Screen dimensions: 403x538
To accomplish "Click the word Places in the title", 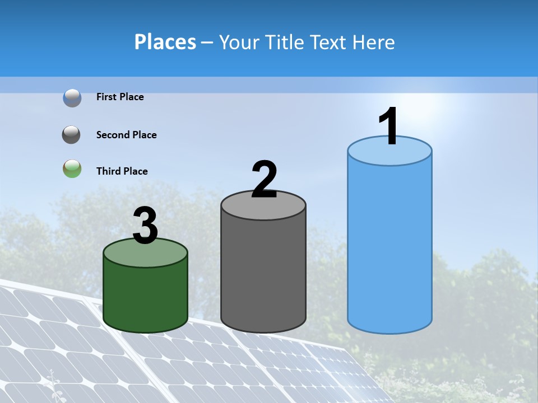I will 165,42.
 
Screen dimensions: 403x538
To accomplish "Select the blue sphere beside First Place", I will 72,97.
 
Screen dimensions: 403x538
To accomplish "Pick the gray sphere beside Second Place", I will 72,135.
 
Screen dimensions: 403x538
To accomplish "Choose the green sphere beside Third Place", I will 72,168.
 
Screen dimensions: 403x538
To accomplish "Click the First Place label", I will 120,97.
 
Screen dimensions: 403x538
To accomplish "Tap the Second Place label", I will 126,135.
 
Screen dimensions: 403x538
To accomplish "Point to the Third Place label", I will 122,171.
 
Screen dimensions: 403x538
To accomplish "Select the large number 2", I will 264,180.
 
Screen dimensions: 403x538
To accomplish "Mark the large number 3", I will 145,226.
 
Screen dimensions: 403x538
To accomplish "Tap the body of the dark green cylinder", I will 145,297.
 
